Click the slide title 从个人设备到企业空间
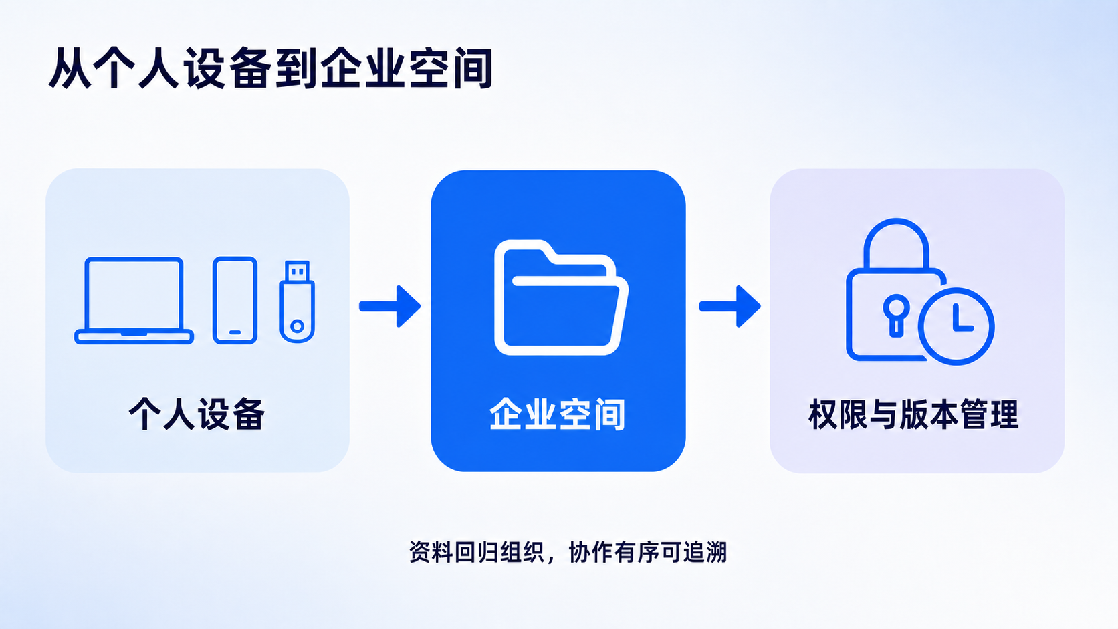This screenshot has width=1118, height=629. click(271, 68)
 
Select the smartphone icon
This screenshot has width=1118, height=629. click(235, 300)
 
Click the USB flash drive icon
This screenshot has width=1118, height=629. click(297, 301)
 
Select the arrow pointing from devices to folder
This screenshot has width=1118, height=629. click(390, 306)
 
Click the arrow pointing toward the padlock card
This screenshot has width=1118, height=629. click(730, 306)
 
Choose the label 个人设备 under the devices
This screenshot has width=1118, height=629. click(197, 414)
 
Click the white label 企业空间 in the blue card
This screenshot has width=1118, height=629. click(557, 414)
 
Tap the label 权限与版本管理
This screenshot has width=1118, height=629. click(913, 414)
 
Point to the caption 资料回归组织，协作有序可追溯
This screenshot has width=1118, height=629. click(568, 552)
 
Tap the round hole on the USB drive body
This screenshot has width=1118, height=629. click(297, 327)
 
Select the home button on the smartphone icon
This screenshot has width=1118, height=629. click(235, 332)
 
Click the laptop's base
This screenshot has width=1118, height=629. click(134, 337)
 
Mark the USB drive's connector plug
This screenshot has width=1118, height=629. click(297, 271)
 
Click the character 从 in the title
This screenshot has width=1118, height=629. click(70, 68)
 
